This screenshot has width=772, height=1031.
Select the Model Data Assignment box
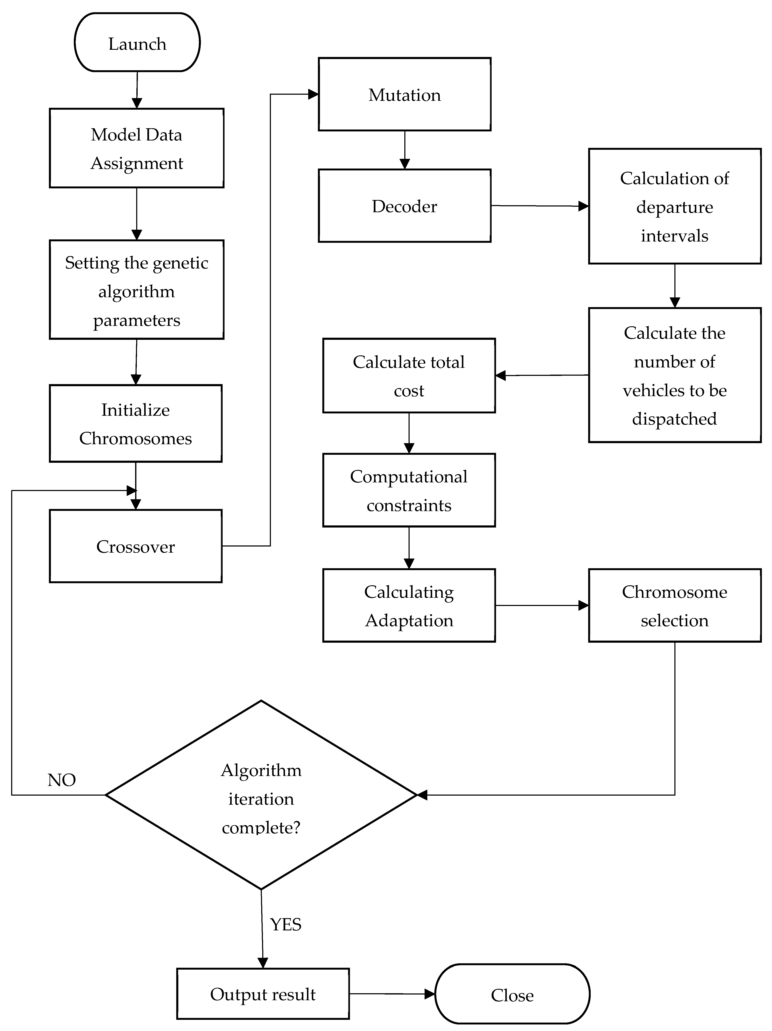(137, 148)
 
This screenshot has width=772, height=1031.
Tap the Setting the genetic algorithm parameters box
(137, 290)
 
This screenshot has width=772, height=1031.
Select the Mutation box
(404, 94)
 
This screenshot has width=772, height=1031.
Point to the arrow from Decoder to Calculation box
(539, 206)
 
